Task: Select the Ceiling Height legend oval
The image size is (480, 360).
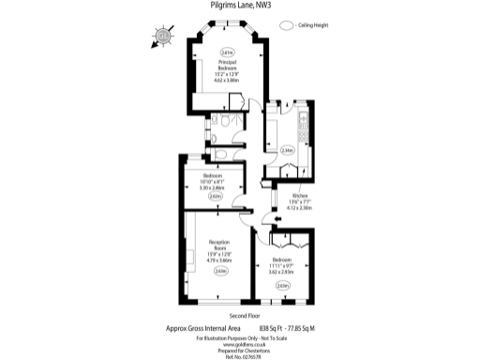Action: click(x=286, y=27)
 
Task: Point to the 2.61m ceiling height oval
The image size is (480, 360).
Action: click(x=226, y=52)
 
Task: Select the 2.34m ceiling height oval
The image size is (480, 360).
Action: click(x=287, y=149)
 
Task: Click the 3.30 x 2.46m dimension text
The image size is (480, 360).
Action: click(x=214, y=187)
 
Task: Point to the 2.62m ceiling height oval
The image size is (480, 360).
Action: click(x=215, y=197)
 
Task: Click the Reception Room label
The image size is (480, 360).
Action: click(x=219, y=245)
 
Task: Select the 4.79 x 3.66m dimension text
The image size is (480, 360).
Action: click(x=219, y=259)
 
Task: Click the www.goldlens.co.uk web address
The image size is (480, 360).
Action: click(x=240, y=343)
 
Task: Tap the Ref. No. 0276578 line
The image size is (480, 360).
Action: click(x=240, y=356)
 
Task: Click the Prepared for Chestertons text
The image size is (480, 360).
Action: click(x=240, y=350)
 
